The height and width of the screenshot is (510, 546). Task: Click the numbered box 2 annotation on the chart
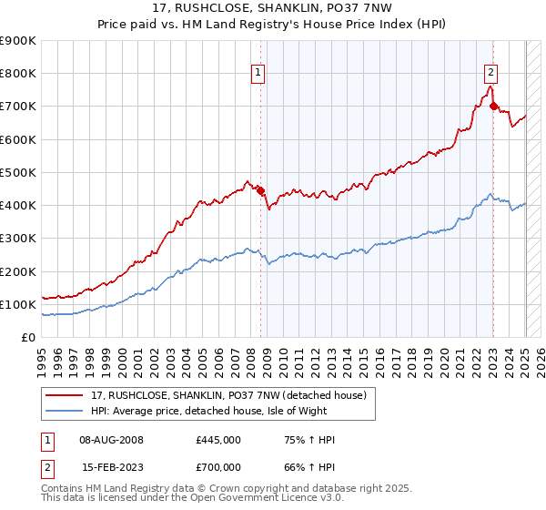coord(490,74)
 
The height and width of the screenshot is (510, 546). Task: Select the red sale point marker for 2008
coord(260,190)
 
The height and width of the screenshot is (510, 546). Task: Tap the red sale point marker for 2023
coord(494,107)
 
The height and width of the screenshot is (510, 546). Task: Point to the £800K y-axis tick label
coord(18,74)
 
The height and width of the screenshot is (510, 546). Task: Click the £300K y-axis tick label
coord(18,239)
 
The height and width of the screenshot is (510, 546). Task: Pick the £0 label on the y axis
coord(27,338)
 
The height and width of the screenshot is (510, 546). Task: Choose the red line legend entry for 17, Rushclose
coord(227,395)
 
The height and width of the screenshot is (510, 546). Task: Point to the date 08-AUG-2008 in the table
coord(104,440)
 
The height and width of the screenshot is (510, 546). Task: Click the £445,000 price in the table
coord(217,440)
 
